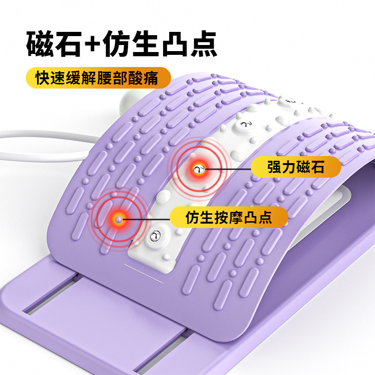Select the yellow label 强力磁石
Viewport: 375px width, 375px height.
pyautogui.click(x=296, y=167)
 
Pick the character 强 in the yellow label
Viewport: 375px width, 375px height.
pyautogui.click(x=275, y=167)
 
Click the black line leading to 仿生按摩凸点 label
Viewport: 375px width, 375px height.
pyautogui.click(x=145, y=218)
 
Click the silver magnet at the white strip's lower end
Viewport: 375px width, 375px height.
pyautogui.click(x=156, y=235)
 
